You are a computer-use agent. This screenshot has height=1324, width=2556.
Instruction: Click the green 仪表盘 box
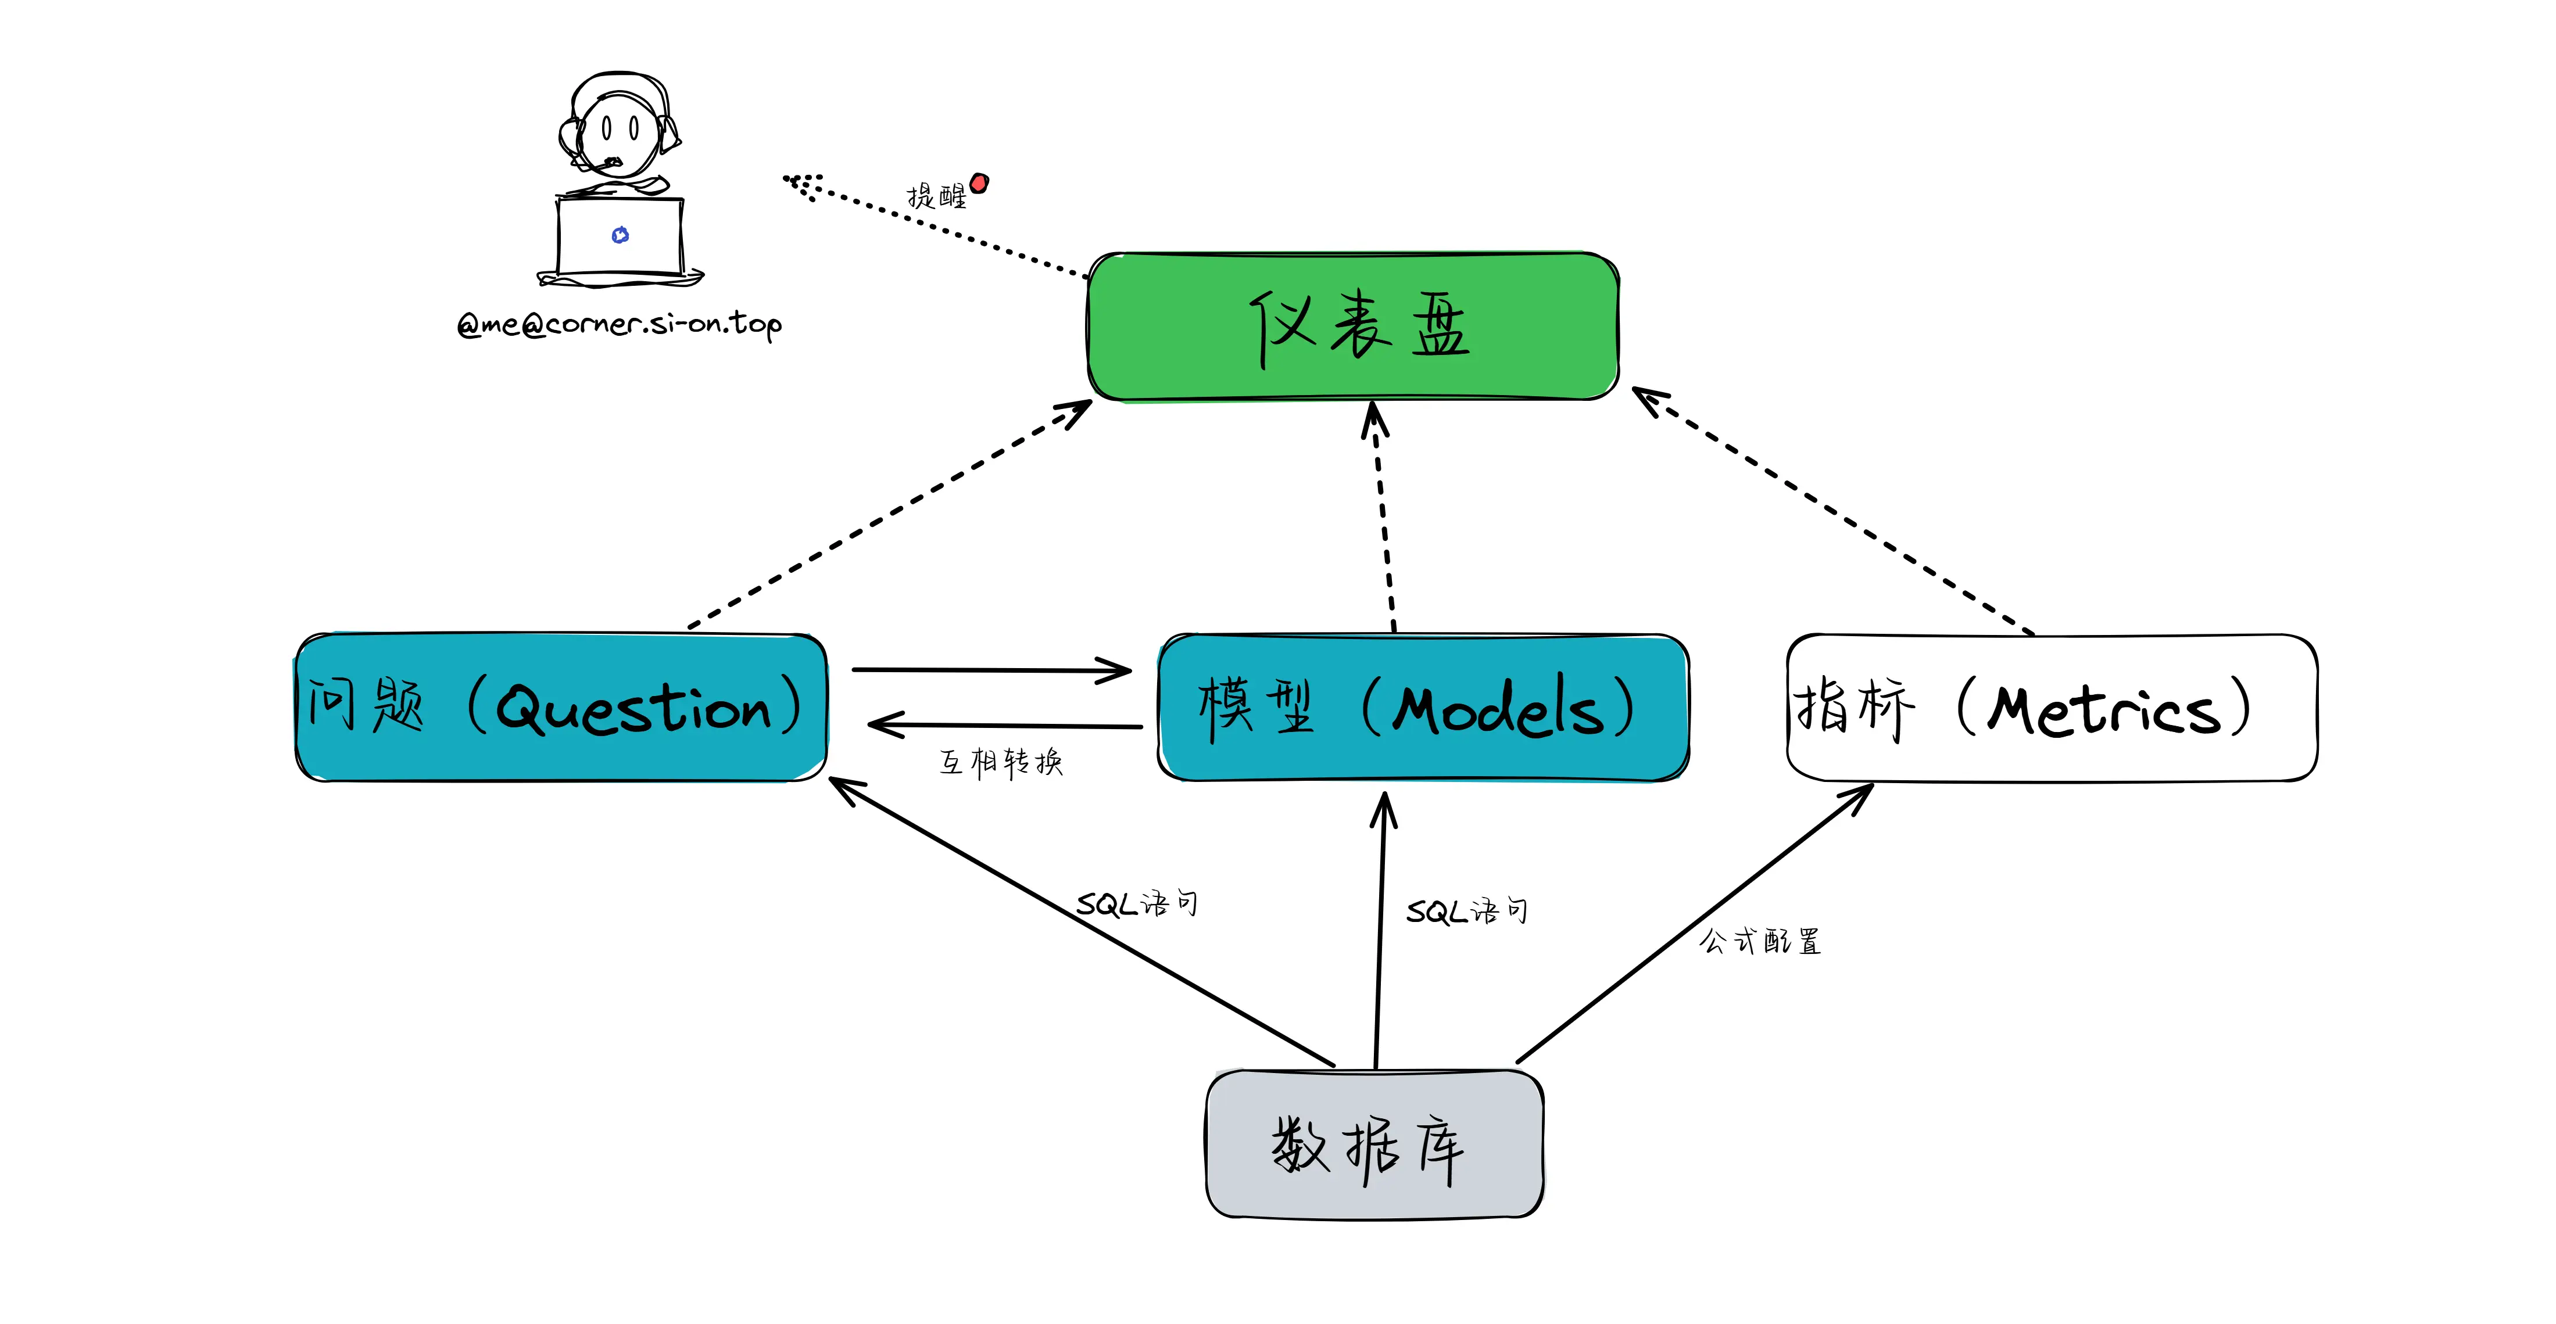[1354, 326]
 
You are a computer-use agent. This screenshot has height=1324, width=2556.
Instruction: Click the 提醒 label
[936, 195]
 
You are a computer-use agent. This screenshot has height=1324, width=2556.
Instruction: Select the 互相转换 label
[1000, 762]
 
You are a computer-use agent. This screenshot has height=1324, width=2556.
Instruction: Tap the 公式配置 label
[1759, 940]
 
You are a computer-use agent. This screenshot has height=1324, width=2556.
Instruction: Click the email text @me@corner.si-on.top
[619, 324]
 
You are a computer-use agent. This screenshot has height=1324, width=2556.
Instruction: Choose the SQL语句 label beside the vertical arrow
[1466, 910]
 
